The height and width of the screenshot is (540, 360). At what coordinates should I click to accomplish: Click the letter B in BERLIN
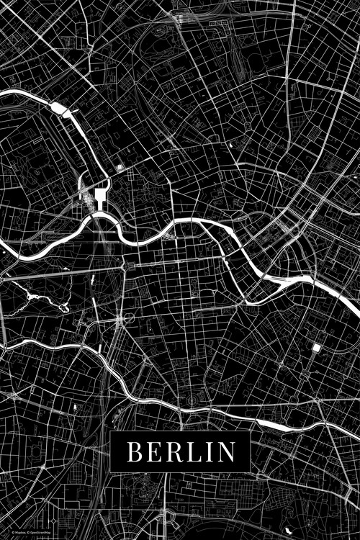135,452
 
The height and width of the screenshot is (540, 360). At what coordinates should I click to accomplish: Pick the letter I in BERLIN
207,452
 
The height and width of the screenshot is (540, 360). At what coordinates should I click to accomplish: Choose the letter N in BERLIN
225,452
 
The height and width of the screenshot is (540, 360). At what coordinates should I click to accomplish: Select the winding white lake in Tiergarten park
32,294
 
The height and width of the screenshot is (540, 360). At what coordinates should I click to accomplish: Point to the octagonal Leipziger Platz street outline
129,317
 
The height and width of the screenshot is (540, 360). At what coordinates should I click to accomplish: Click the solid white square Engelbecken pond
315,348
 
